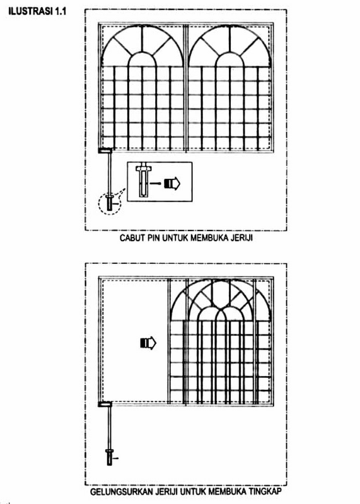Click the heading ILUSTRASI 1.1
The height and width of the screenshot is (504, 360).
pyautogui.click(x=37, y=11)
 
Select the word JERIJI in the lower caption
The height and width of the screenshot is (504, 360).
pyautogui.click(x=166, y=491)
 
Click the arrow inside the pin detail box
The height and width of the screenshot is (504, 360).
pyautogui.click(x=172, y=183)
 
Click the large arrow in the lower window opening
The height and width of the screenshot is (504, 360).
pyautogui.click(x=148, y=343)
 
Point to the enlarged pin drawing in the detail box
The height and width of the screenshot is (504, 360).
pyautogui.click(x=143, y=181)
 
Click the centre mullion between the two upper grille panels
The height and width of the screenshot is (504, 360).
pyautogui.click(x=185, y=88)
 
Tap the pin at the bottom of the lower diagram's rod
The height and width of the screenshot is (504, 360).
pyautogui.click(x=110, y=457)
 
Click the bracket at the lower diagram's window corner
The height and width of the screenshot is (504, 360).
pyautogui.click(x=105, y=404)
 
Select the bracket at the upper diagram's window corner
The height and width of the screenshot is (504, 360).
pyautogui.click(x=105, y=151)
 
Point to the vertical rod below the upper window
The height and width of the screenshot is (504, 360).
pyautogui.click(x=110, y=174)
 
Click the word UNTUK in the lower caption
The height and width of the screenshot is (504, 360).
pyautogui.click(x=194, y=491)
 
